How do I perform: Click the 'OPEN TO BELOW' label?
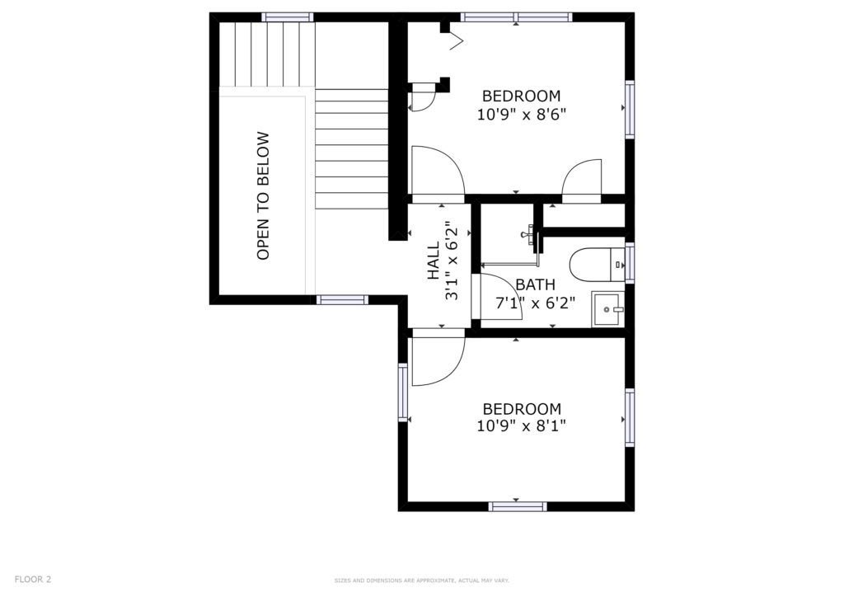click(263, 196)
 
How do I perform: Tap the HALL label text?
click(434, 261)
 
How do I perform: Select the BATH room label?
click(535, 284)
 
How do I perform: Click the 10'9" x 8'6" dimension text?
click(522, 115)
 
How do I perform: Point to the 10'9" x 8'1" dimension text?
click(521, 426)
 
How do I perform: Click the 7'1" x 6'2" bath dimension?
click(535, 303)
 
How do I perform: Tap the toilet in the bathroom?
click(597, 265)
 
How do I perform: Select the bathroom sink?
click(608, 309)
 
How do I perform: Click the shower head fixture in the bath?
click(529, 234)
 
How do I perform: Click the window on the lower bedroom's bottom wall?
click(518, 506)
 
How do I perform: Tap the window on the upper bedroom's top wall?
click(516, 17)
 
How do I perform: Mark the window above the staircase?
click(288, 17)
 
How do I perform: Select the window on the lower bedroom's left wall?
click(403, 392)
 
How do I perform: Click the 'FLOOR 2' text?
click(33, 579)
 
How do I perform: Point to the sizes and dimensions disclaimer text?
click(421, 581)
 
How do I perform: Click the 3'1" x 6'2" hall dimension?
click(452, 261)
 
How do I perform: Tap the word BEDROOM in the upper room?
click(521, 96)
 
